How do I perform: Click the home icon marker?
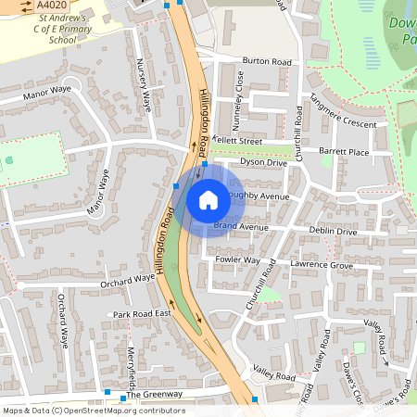(208, 200)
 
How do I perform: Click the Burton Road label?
(267, 61)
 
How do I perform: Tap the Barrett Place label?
(344, 152)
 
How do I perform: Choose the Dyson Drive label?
(264, 162)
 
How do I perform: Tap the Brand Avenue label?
(241, 226)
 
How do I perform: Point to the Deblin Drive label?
(334, 231)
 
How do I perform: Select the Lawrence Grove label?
(322, 265)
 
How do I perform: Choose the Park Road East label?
(143, 315)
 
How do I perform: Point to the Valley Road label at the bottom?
(273, 377)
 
